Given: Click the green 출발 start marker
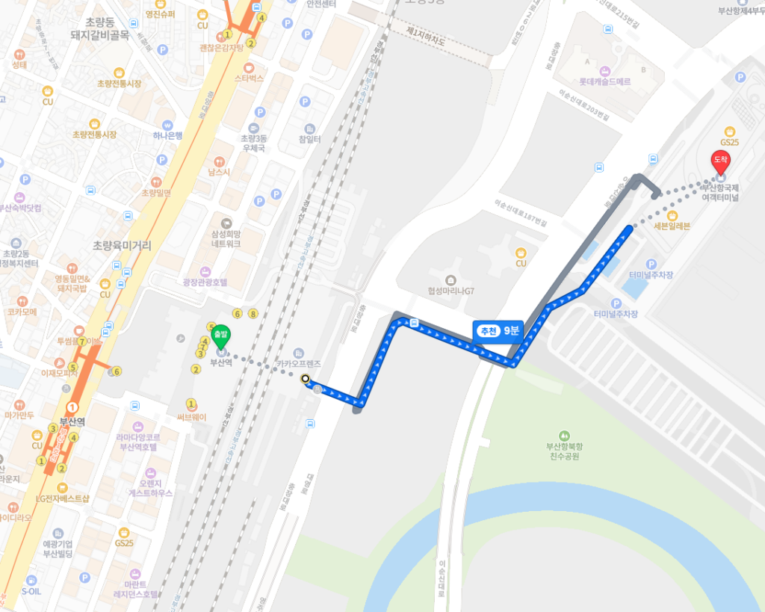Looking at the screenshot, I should [x=220, y=336].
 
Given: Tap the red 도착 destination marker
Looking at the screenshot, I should [x=721, y=160].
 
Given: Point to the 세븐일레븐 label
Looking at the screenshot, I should [x=672, y=226].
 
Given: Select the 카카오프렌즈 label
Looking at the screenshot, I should [x=298, y=363].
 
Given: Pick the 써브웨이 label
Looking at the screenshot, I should [x=191, y=417].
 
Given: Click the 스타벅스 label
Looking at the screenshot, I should [x=249, y=78].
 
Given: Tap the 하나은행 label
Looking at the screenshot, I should [x=167, y=135].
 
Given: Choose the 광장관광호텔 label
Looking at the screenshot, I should [x=204, y=282].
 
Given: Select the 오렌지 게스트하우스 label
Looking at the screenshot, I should [x=150, y=488].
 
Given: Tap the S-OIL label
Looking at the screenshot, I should [x=32, y=590].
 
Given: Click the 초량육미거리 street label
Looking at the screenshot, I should [x=122, y=245].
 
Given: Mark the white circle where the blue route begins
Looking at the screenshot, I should [x=305, y=379].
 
